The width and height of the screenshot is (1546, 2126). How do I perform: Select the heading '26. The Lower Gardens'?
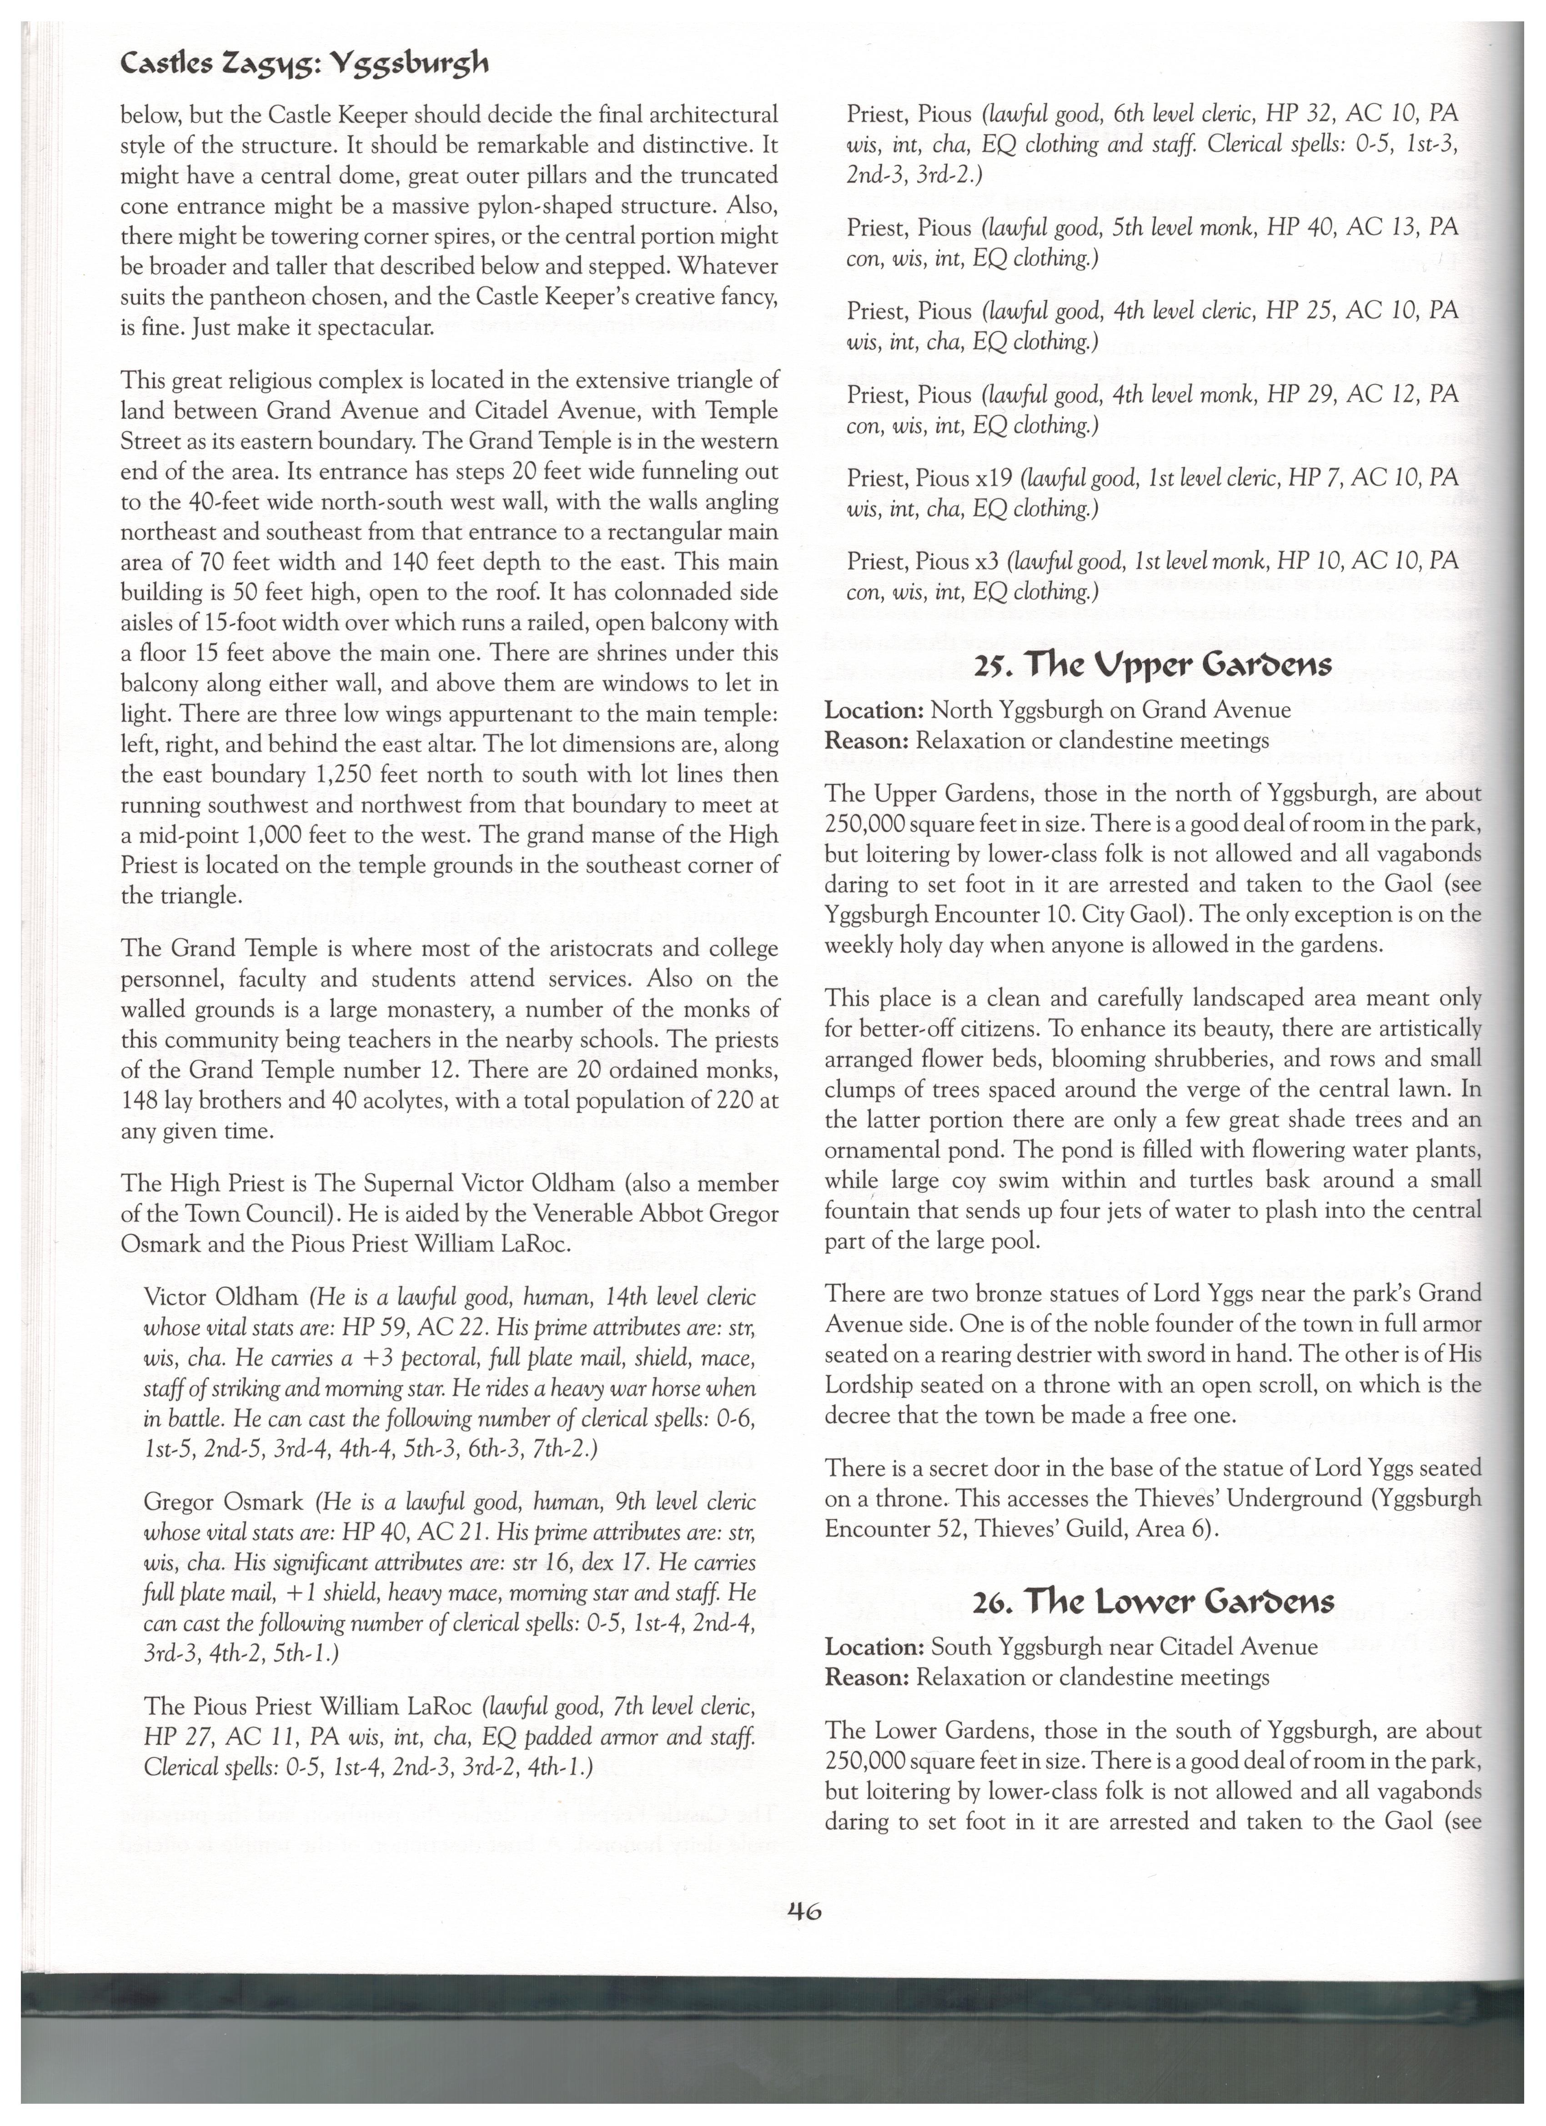coord(1153,1602)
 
